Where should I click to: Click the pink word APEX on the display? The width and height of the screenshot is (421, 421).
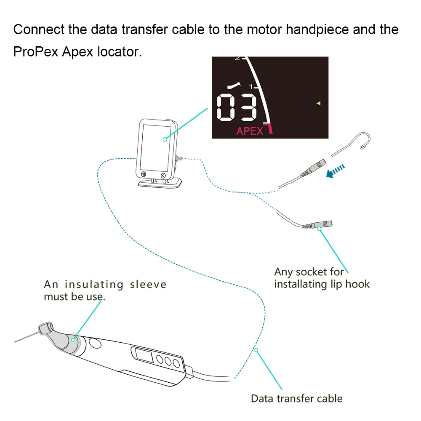250,131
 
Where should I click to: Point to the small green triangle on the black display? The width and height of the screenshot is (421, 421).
319,103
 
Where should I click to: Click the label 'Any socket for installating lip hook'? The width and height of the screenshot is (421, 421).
322,278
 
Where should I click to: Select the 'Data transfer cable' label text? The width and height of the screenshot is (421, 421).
296,398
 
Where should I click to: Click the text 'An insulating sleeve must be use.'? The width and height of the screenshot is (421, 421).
105,290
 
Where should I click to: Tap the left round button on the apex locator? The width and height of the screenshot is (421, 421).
144,174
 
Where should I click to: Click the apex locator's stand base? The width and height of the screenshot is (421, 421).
160,184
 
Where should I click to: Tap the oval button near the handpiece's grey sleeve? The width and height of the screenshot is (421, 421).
96,344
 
